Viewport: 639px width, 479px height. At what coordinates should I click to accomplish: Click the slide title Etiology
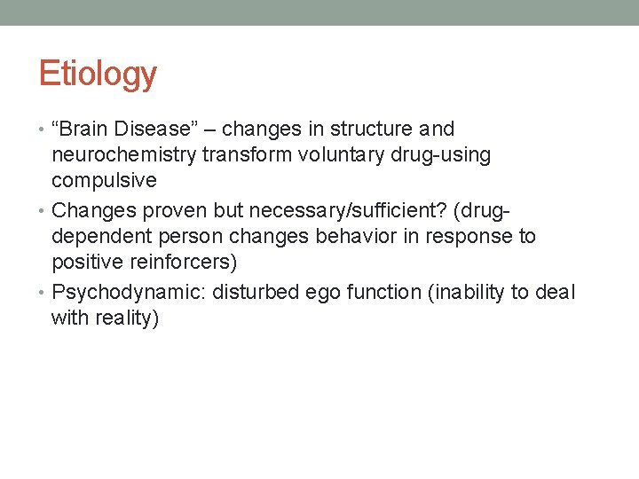coord(98,74)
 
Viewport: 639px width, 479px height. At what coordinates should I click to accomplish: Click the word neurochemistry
coord(124,155)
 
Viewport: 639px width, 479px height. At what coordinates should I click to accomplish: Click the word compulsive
coord(104,181)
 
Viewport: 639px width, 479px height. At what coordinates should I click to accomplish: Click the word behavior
coord(358,237)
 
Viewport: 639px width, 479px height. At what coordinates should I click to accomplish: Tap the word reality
coord(126,318)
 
